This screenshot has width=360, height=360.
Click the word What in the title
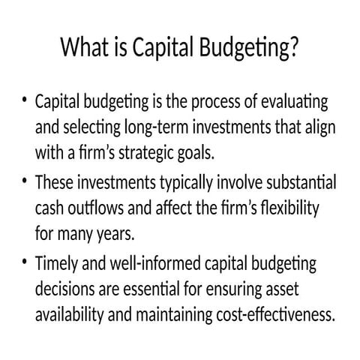coord(82,49)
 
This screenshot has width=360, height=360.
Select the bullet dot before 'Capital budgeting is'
coord(25,100)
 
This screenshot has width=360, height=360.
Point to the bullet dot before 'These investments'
coord(25,181)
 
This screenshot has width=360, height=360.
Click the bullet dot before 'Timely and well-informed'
coord(25,262)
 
